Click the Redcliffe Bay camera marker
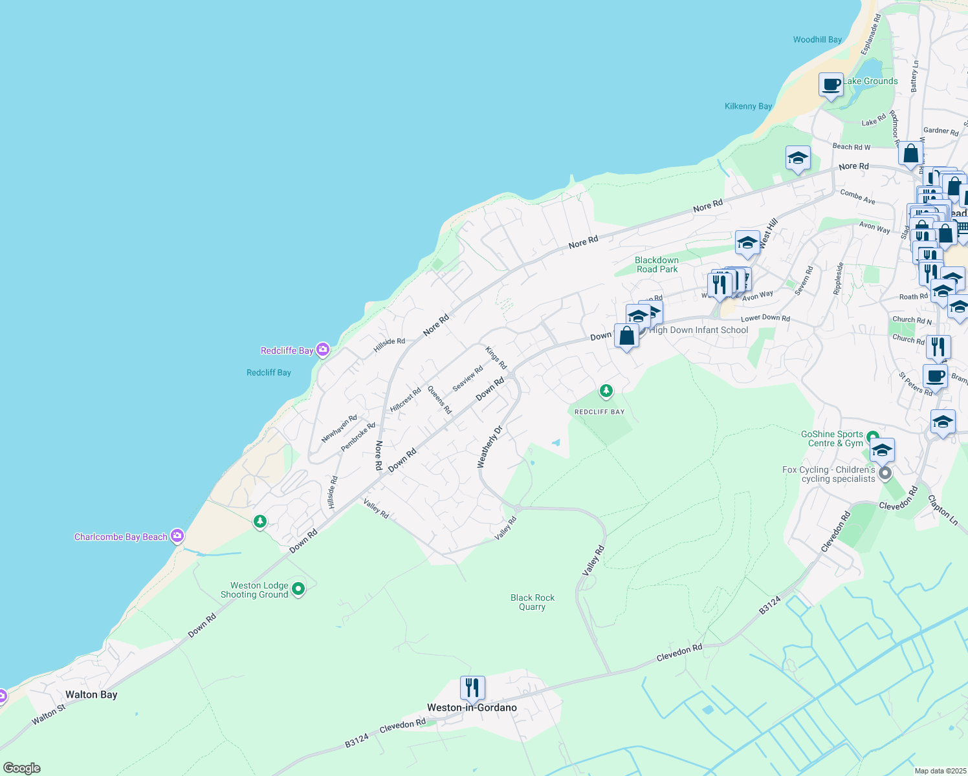coord(323,350)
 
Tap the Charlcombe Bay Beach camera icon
coord(177,536)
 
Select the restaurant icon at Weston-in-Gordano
coord(472,688)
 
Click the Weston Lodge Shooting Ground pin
coord(298,588)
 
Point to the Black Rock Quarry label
coord(532,602)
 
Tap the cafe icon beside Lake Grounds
coord(831,85)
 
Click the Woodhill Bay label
coord(817,39)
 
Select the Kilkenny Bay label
coord(748,106)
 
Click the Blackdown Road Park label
coord(657,264)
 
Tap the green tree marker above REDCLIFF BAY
coord(606,391)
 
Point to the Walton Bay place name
coord(91,695)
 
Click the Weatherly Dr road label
coord(489,447)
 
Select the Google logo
coord(22,768)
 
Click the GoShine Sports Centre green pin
coord(872,437)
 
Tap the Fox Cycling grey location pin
coord(885,474)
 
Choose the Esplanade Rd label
coord(870,34)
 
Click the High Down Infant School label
coord(698,330)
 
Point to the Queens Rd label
coord(439,400)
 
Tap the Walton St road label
coord(49,715)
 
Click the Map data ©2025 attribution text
coord(940,771)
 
